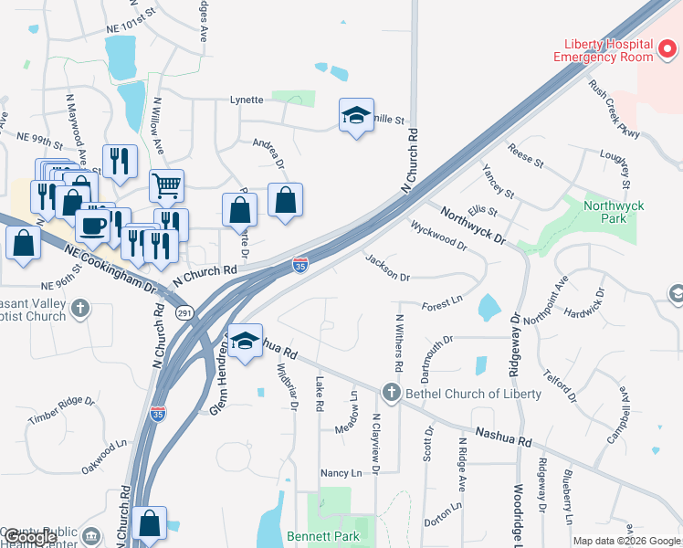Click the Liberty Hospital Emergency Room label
(x=604, y=50)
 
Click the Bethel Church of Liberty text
(x=473, y=394)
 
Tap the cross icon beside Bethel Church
(x=392, y=393)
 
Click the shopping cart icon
(x=166, y=185)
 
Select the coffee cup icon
(x=93, y=224)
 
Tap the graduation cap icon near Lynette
(x=356, y=115)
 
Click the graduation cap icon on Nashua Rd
(x=243, y=341)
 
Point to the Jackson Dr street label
(x=388, y=268)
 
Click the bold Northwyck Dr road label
(x=472, y=225)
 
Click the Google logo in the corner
(x=29, y=538)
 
